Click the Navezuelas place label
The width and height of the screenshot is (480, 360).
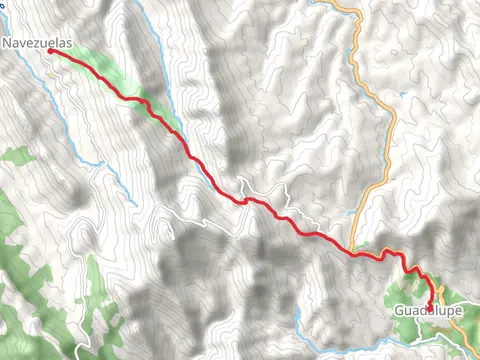[37, 43]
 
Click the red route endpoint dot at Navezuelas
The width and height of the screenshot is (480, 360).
[51, 52]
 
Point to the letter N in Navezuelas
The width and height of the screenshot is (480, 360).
[7, 43]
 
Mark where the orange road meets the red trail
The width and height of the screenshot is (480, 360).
[354, 251]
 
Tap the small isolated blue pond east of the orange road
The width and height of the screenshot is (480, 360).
[401, 95]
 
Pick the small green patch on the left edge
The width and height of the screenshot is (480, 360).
[15, 155]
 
